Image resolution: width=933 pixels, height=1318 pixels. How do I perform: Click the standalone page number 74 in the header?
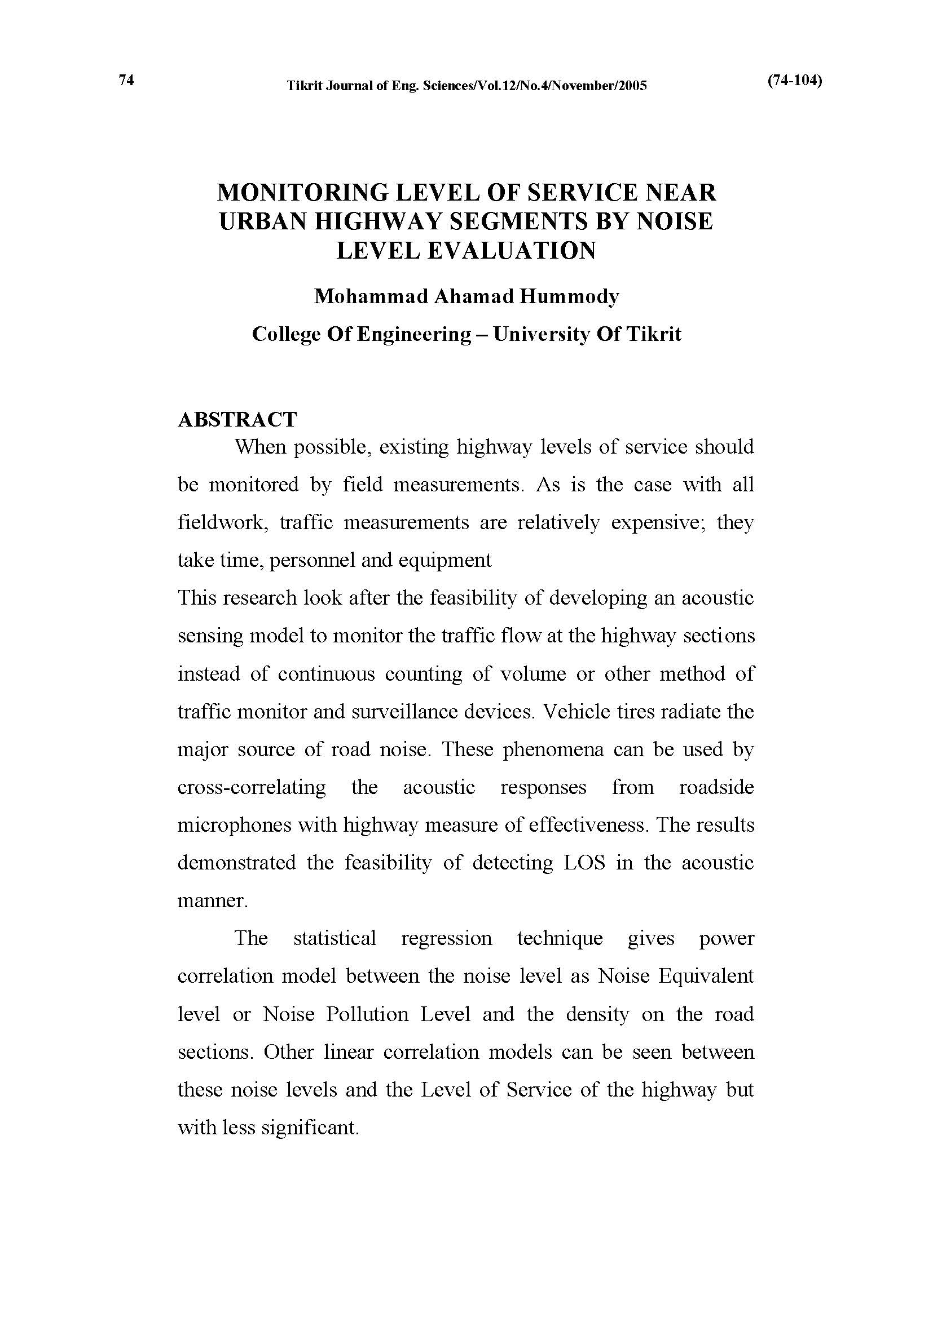pyautogui.click(x=126, y=80)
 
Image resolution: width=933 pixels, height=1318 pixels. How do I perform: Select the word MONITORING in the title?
pyautogui.click(x=301, y=193)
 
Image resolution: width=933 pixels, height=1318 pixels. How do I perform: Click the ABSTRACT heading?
pyautogui.click(x=237, y=420)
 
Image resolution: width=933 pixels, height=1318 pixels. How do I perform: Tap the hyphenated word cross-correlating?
pyautogui.click(x=252, y=787)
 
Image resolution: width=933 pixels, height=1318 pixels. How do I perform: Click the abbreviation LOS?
pyautogui.click(x=584, y=863)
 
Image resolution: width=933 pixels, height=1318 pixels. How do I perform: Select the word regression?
pyautogui.click(x=446, y=939)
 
